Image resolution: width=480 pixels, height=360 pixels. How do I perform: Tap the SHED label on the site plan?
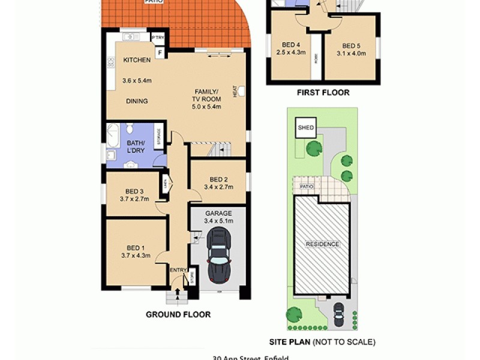(306, 128)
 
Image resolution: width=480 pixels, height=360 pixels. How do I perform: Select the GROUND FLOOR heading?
(178, 314)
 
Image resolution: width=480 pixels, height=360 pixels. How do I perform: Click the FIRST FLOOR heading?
(323, 92)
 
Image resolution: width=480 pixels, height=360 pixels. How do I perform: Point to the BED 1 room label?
(136, 248)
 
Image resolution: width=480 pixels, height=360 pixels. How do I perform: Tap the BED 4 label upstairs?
(292, 44)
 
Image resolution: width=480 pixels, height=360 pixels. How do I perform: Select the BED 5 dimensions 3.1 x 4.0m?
(351, 53)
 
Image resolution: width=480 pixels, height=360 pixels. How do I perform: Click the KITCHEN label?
(137, 61)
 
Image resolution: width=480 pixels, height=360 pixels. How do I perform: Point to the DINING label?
(137, 101)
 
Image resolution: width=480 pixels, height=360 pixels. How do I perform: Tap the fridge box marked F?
(160, 53)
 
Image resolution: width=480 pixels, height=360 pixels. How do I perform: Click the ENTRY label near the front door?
(178, 271)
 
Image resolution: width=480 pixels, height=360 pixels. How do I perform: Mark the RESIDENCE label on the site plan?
(322, 244)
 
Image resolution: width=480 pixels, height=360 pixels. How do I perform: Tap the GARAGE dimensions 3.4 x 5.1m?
(218, 221)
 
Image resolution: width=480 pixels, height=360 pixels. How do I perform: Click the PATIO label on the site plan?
(307, 187)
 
